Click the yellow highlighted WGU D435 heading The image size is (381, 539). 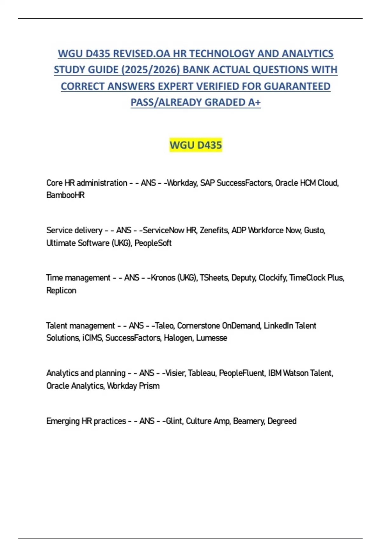click(x=196, y=145)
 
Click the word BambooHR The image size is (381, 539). click(x=65, y=195)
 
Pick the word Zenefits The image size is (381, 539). click(x=214, y=230)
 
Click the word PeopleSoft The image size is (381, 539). click(x=153, y=243)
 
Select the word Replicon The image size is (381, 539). click(x=61, y=290)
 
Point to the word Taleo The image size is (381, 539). click(x=164, y=326)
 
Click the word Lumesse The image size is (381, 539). click(x=211, y=338)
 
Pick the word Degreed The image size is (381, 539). click(x=282, y=421)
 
